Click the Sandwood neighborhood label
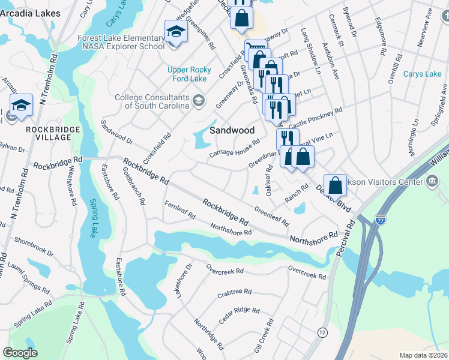tap(232, 130)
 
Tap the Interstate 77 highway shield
tap(381, 220)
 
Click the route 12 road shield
tap(322, 332)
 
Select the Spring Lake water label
tap(93, 219)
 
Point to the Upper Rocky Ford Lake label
tap(187, 74)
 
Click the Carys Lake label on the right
tap(422, 74)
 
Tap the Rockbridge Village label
tap(48, 133)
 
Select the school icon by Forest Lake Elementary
tap(176, 31)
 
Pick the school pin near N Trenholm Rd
tap(21, 104)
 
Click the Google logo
tap(20, 352)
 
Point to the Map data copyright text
tap(423, 355)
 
